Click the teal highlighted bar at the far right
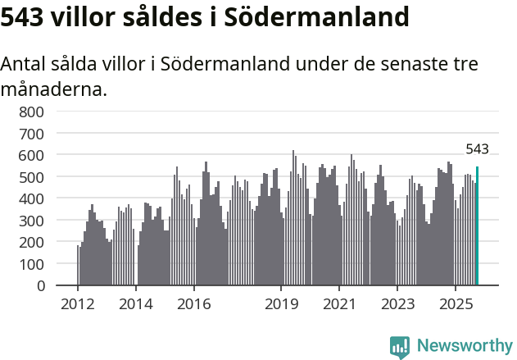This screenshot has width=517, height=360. point(477,226)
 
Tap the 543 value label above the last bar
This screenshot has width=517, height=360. point(477,149)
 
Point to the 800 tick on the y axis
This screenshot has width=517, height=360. point(32,112)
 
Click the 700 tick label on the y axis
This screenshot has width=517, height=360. point(32,133)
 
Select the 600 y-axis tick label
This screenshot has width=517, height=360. point(32,155)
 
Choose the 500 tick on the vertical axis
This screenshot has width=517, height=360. point(32,177)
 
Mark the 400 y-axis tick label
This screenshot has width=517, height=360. point(32,198)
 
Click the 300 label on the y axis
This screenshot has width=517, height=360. point(32,221)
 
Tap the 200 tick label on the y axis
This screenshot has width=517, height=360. point(32,243)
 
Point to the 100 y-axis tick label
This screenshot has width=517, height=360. point(32,264)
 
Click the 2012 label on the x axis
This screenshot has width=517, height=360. point(78,305)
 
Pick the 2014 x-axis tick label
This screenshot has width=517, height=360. point(136,305)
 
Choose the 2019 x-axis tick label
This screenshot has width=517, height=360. point(281,305)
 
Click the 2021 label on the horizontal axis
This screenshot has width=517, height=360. point(338,305)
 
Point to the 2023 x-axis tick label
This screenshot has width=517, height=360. point(397,305)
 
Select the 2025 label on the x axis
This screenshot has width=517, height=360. point(455,305)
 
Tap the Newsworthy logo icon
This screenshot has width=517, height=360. point(399,347)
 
